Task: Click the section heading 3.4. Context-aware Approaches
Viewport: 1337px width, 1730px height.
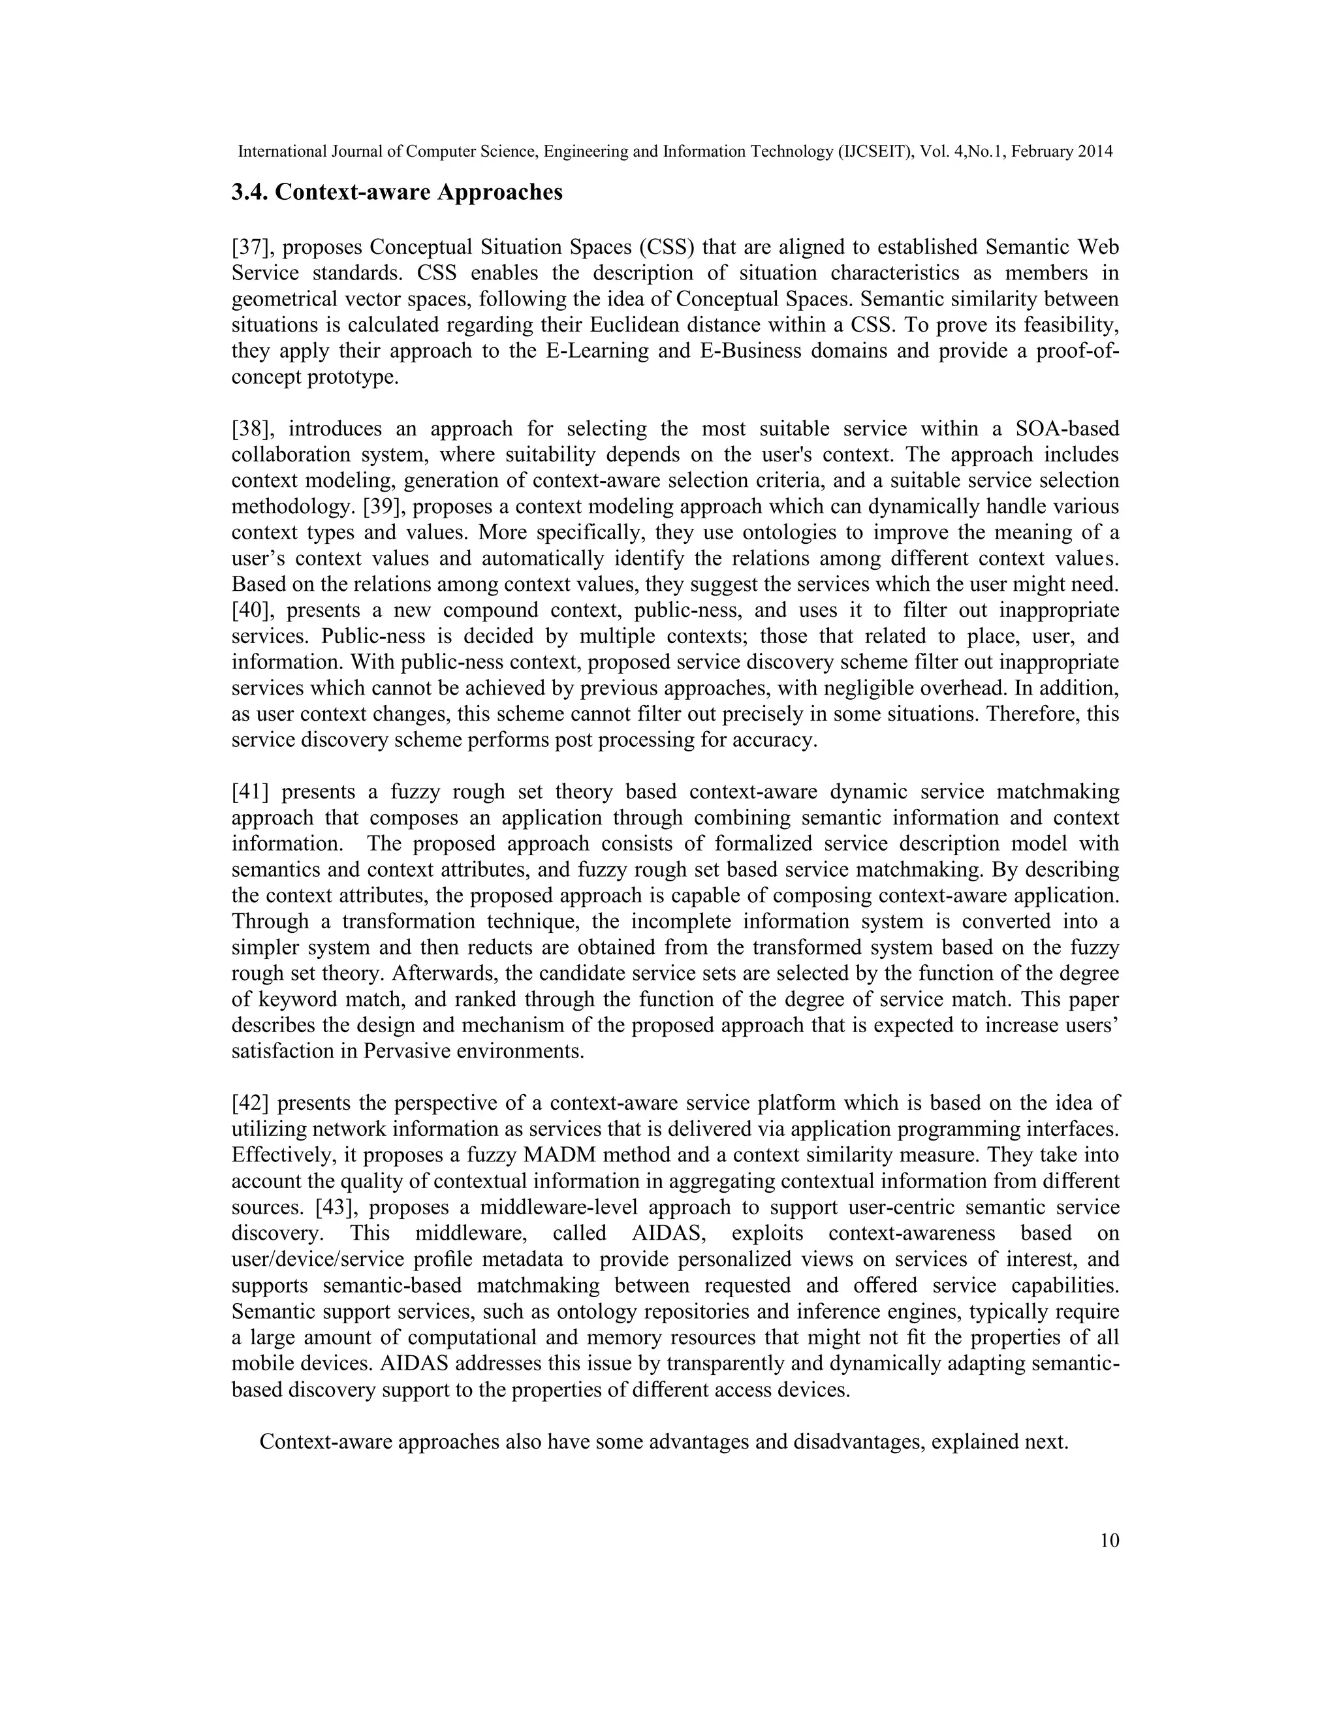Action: [x=397, y=193]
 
